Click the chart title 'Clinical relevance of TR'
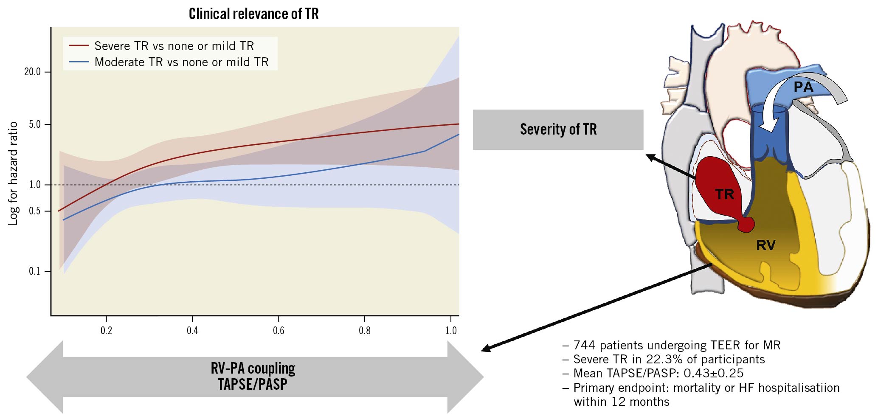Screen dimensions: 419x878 pyautogui.click(x=253, y=14)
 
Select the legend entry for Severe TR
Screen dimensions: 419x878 pyautogui.click(x=174, y=46)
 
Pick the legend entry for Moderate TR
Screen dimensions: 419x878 pyautogui.click(x=181, y=62)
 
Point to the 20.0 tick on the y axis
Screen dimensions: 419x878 pyautogui.click(x=33, y=72)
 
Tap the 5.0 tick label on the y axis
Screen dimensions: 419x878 pyautogui.click(x=35, y=124)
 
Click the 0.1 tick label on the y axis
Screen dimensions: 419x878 pyautogui.click(x=35, y=271)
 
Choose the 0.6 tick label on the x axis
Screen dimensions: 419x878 pyautogui.click(x=279, y=330)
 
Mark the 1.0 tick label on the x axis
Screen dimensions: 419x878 pyautogui.click(x=451, y=330)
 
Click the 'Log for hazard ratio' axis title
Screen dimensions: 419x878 pyautogui.click(x=13, y=173)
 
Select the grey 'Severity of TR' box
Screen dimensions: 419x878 pyautogui.click(x=558, y=129)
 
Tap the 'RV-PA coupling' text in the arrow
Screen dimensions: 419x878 pyautogui.click(x=253, y=368)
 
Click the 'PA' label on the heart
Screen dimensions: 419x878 pyautogui.click(x=803, y=87)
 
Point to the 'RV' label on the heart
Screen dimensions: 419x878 pyautogui.click(x=765, y=245)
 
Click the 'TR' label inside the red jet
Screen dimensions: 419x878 pyautogui.click(x=724, y=194)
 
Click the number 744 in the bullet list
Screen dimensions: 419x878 pyautogui.click(x=585, y=345)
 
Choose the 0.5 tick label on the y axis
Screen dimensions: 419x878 pyautogui.click(x=35, y=211)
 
